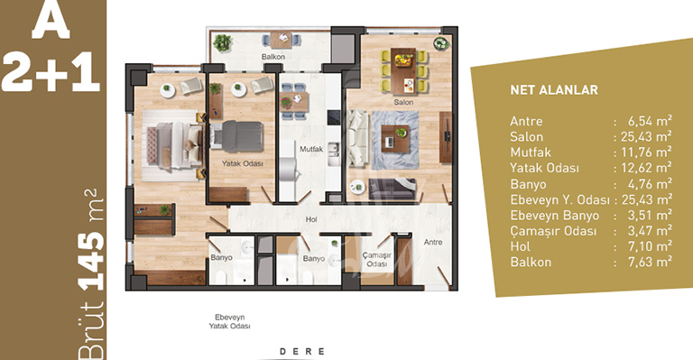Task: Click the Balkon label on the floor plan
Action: click(x=273, y=57)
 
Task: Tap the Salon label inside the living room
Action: click(x=403, y=102)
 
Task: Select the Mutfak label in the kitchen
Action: click(x=311, y=149)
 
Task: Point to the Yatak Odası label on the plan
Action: click(x=242, y=163)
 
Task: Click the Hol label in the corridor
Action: click(x=311, y=219)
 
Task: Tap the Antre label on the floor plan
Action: click(x=433, y=242)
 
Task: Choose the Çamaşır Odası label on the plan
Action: click(x=376, y=260)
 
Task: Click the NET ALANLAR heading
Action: click(x=554, y=90)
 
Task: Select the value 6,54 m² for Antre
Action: click(x=650, y=121)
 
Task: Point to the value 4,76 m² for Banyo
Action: click(x=650, y=184)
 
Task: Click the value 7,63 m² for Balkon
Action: click(x=650, y=262)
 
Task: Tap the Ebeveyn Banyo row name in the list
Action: click(x=555, y=216)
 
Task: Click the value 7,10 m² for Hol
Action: click(x=650, y=246)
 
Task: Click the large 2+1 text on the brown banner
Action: click(x=51, y=72)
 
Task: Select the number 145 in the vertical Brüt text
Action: click(x=91, y=260)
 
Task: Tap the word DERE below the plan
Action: click(x=302, y=352)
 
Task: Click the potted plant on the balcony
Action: click(x=222, y=42)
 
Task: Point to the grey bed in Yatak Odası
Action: click(x=237, y=136)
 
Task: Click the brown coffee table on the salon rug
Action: click(x=395, y=139)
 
